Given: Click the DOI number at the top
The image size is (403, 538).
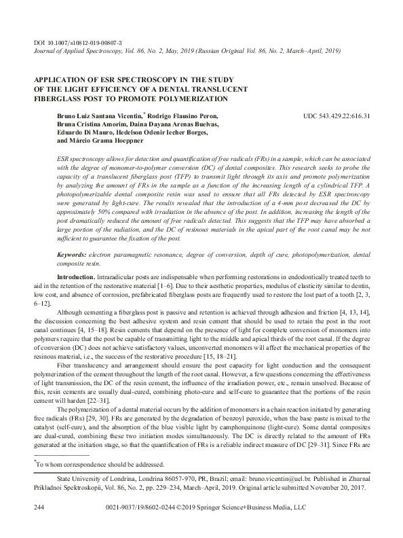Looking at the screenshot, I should coord(82,43).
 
